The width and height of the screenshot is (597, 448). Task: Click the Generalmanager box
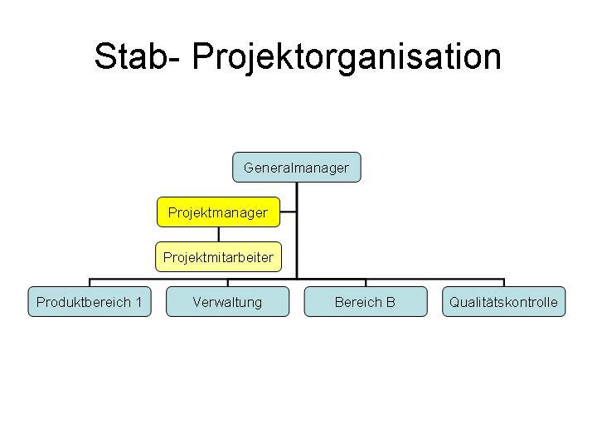tap(296, 168)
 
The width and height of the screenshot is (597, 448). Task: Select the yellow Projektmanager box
tap(218, 212)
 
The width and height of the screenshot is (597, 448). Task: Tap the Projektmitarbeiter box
tap(218, 257)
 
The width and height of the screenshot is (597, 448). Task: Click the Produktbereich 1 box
tap(90, 302)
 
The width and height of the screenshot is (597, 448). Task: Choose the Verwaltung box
tap(227, 302)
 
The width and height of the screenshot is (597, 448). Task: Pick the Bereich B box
tap(365, 302)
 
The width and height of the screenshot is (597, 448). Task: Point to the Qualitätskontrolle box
tap(503, 302)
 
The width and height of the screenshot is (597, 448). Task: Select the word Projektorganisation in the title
tap(347, 56)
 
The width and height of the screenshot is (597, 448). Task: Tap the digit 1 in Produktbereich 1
tap(138, 302)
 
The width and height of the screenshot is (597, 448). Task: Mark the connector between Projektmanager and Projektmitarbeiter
tap(218, 234)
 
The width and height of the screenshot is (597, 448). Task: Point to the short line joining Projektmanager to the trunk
tap(288, 213)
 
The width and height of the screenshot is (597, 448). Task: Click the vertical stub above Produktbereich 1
tap(90, 282)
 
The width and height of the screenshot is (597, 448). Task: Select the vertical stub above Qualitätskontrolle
tap(503, 282)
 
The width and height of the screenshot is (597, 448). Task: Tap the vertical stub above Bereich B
tap(366, 282)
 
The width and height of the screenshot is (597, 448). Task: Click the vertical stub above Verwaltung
tap(227, 282)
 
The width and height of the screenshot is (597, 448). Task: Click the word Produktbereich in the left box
tap(84, 302)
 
